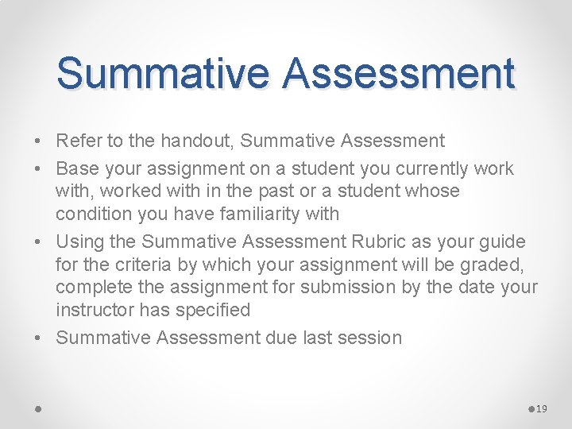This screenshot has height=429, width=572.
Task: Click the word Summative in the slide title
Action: (164, 73)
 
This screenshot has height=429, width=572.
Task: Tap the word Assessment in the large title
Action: (398, 73)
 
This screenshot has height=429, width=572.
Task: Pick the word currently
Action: (405, 168)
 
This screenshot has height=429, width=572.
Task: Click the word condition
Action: (95, 214)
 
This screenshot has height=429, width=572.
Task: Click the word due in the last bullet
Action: (281, 338)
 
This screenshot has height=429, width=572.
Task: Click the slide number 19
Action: (542, 409)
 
